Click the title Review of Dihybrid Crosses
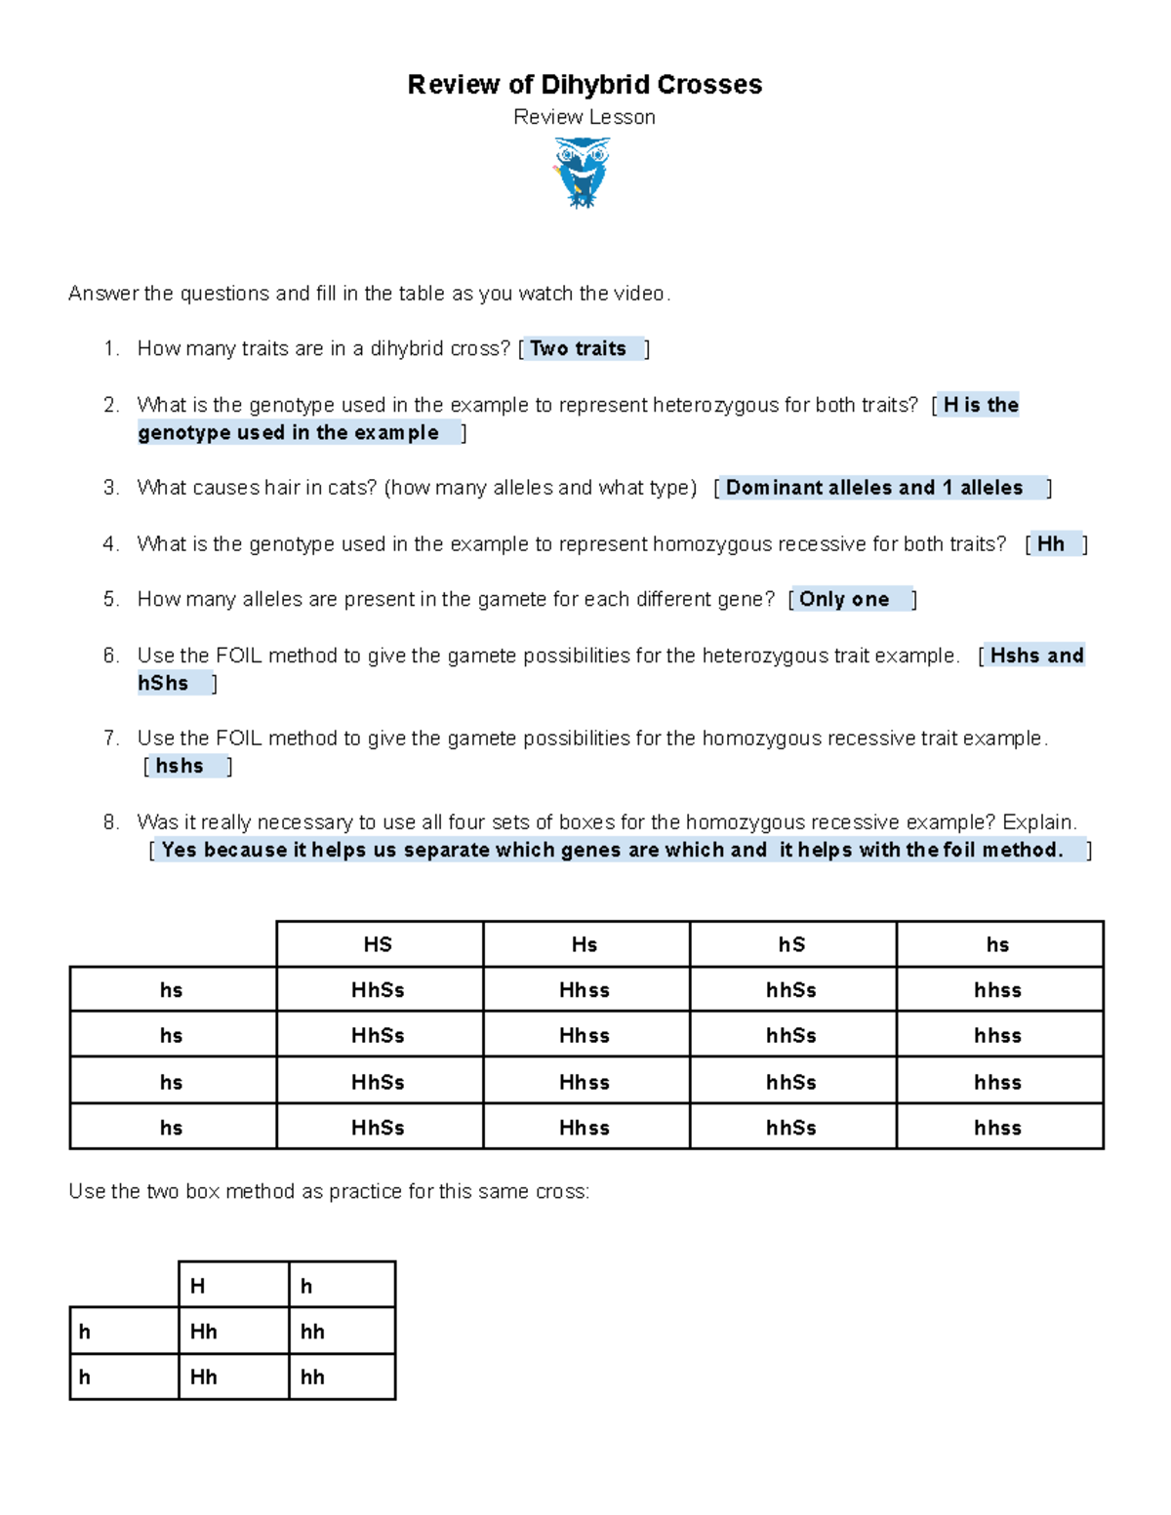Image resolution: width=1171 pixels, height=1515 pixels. click(x=585, y=85)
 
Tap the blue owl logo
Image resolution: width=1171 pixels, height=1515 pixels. click(x=582, y=172)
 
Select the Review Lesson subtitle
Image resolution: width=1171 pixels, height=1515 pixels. click(x=585, y=117)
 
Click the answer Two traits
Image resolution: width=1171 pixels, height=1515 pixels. click(x=579, y=348)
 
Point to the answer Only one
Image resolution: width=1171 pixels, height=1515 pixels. click(x=844, y=599)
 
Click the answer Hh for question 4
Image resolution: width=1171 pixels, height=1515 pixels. click(x=1051, y=543)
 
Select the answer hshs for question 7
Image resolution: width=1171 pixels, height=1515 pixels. click(x=180, y=766)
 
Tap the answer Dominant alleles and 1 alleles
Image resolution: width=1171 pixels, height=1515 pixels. click(x=874, y=488)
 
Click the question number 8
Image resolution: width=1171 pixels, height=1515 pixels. click(x=110, y=821)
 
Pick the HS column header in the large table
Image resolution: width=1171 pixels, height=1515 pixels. click(x=378, y=944)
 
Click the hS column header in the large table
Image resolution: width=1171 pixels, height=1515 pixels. click(x=791, y=944)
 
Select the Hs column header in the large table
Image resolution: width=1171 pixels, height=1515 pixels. click(x=585, y=944)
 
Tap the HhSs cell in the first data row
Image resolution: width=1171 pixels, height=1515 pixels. click(x=378, y=990)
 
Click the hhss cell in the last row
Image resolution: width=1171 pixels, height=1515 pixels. click(x=997, y=1128)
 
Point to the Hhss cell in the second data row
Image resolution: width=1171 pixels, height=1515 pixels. click(x=585, y=1036)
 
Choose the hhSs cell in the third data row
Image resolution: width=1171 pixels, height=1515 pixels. click(x=791, y=1082)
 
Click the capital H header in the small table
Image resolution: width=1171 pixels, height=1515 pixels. click(x=198, y=1286)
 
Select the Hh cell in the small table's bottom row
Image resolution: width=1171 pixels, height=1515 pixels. click(x=204, y=1376)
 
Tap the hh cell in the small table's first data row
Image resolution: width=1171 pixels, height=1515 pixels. click(x=312, y=1332)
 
